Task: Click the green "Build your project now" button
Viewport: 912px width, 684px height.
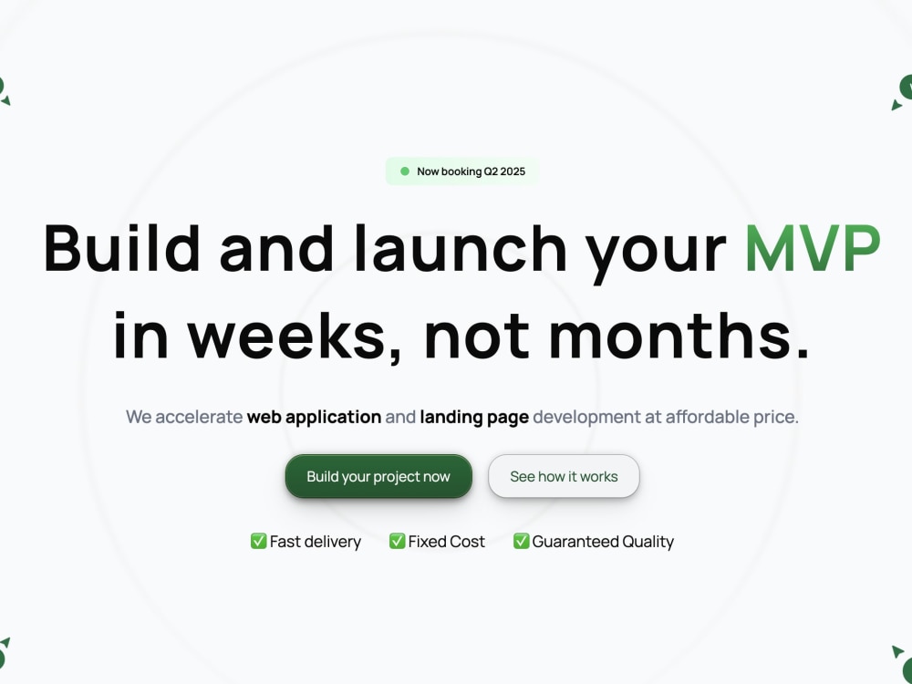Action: point(378,476)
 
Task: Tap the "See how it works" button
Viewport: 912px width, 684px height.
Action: point(564,476)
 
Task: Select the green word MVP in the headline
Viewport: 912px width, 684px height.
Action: point(813,248)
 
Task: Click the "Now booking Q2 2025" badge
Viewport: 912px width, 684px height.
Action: point(462,171)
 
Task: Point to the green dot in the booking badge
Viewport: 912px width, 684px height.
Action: point(405,171)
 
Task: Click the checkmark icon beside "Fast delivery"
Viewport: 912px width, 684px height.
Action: point(258,541)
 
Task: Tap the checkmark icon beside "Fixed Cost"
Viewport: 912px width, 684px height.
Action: point(397,541)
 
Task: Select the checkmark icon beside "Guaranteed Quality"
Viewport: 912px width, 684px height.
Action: point(521,541)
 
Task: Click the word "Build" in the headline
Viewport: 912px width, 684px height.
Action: point(121,248)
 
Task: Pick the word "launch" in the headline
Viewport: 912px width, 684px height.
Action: point(461,248)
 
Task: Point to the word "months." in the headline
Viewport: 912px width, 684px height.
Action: point(679,335)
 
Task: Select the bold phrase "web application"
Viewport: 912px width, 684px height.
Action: point(314,417)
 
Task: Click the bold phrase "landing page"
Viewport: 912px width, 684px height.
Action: point(474,417)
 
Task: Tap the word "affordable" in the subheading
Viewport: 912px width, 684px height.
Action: point(710,417)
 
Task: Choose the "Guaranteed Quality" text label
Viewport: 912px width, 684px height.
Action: point(603,542)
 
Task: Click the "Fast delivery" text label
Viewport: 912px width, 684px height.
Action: point(316,542)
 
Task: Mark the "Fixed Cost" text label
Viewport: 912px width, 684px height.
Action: point(447,542)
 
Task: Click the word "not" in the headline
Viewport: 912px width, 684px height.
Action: point(477,335)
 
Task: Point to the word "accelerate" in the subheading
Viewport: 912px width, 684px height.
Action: point(199,417)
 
